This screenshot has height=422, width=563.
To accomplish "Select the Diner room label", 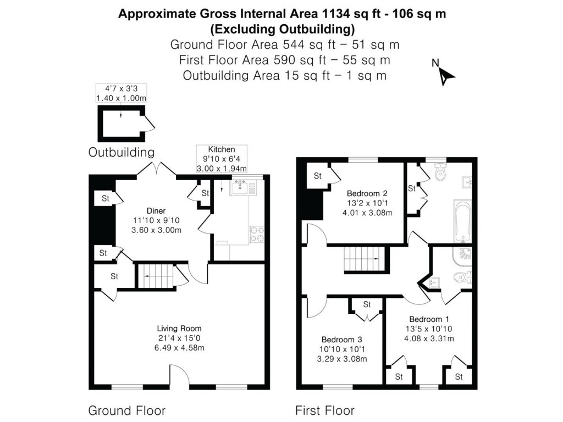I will point(156,210).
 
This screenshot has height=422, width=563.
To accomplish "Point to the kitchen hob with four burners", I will point(256,234).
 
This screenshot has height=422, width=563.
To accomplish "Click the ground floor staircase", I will point(154,275).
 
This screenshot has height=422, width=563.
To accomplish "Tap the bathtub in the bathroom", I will point(462,221).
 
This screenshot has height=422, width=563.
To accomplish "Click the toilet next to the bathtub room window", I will point(440,174).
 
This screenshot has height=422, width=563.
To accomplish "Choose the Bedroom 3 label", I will point(342,339).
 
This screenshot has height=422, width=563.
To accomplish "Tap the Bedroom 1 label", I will point(429,319).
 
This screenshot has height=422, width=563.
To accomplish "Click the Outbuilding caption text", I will point(121,152).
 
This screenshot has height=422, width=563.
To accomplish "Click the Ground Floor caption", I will point(126,410).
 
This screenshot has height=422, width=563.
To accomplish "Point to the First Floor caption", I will point(324,410).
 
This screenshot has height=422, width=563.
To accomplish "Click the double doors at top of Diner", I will point(157,168).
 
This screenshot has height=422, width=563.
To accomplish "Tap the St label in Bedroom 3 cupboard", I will point(367,304).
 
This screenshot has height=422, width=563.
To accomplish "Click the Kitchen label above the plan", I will point(222,149).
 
